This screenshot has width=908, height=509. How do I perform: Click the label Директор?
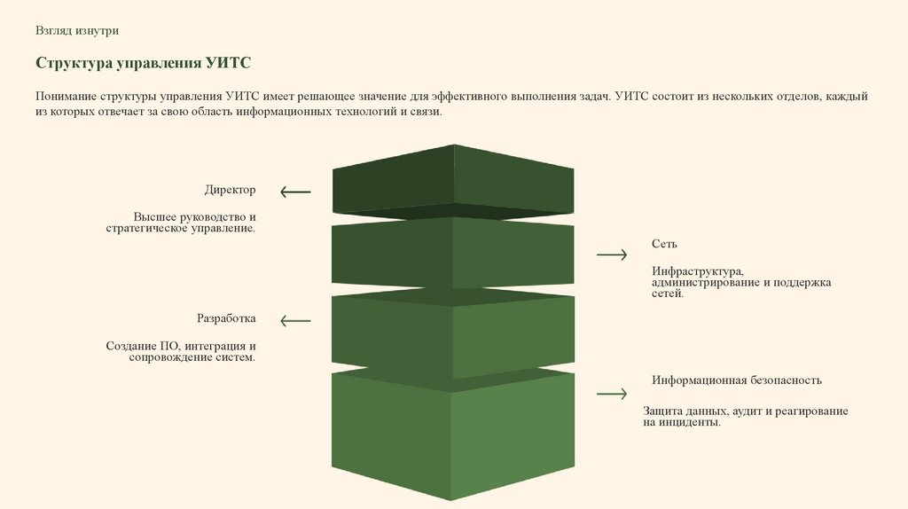(x=230, y=190)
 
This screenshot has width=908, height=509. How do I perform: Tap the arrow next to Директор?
(x=295, y=191)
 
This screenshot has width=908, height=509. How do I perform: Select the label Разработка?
(x=226, y=318)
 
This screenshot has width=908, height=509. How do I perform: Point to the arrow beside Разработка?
(x=295, y=320)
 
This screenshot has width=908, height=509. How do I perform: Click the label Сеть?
(x=664, y=244)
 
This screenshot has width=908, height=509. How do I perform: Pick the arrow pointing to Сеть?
(x=612, y=254)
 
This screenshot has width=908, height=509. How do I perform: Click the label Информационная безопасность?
(x=737, y=380)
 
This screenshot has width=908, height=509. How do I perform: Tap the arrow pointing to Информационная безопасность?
(x=612, y=393)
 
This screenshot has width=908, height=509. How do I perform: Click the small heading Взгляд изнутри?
(x=77, y=30)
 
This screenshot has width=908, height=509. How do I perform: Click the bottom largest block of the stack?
(x=453, y=435)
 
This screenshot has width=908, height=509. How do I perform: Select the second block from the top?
(x=453, y=253)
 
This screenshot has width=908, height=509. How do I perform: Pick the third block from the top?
(x=453, y=333)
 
